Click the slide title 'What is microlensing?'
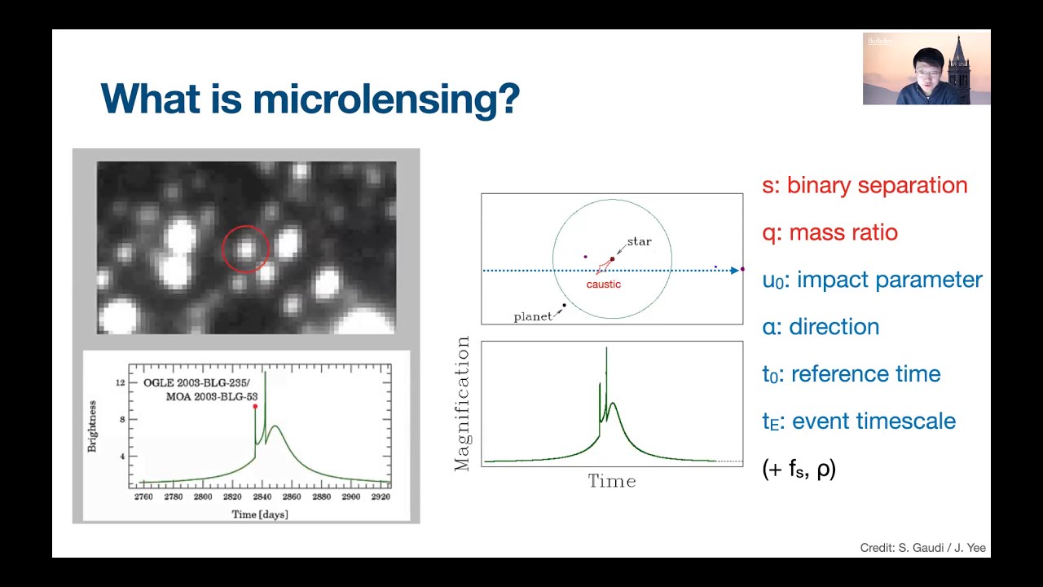(310, 99)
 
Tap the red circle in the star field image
(245, 249)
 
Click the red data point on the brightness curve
(255, 406)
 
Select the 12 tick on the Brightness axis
(121, 382)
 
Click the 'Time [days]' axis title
(260, 514)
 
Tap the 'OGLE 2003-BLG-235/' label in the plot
(196, 382)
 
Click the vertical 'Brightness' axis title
(92, 426)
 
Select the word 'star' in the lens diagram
(639, 241)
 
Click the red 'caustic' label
(603, 285)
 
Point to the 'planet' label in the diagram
(533, 316)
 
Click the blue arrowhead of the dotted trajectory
(735, 270)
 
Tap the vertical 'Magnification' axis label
(463, 404)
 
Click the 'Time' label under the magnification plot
(611, 481)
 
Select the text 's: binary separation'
(865, 185)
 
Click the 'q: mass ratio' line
(830, 232)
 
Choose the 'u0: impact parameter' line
(872, 280)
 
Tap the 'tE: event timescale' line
(859, 421)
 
